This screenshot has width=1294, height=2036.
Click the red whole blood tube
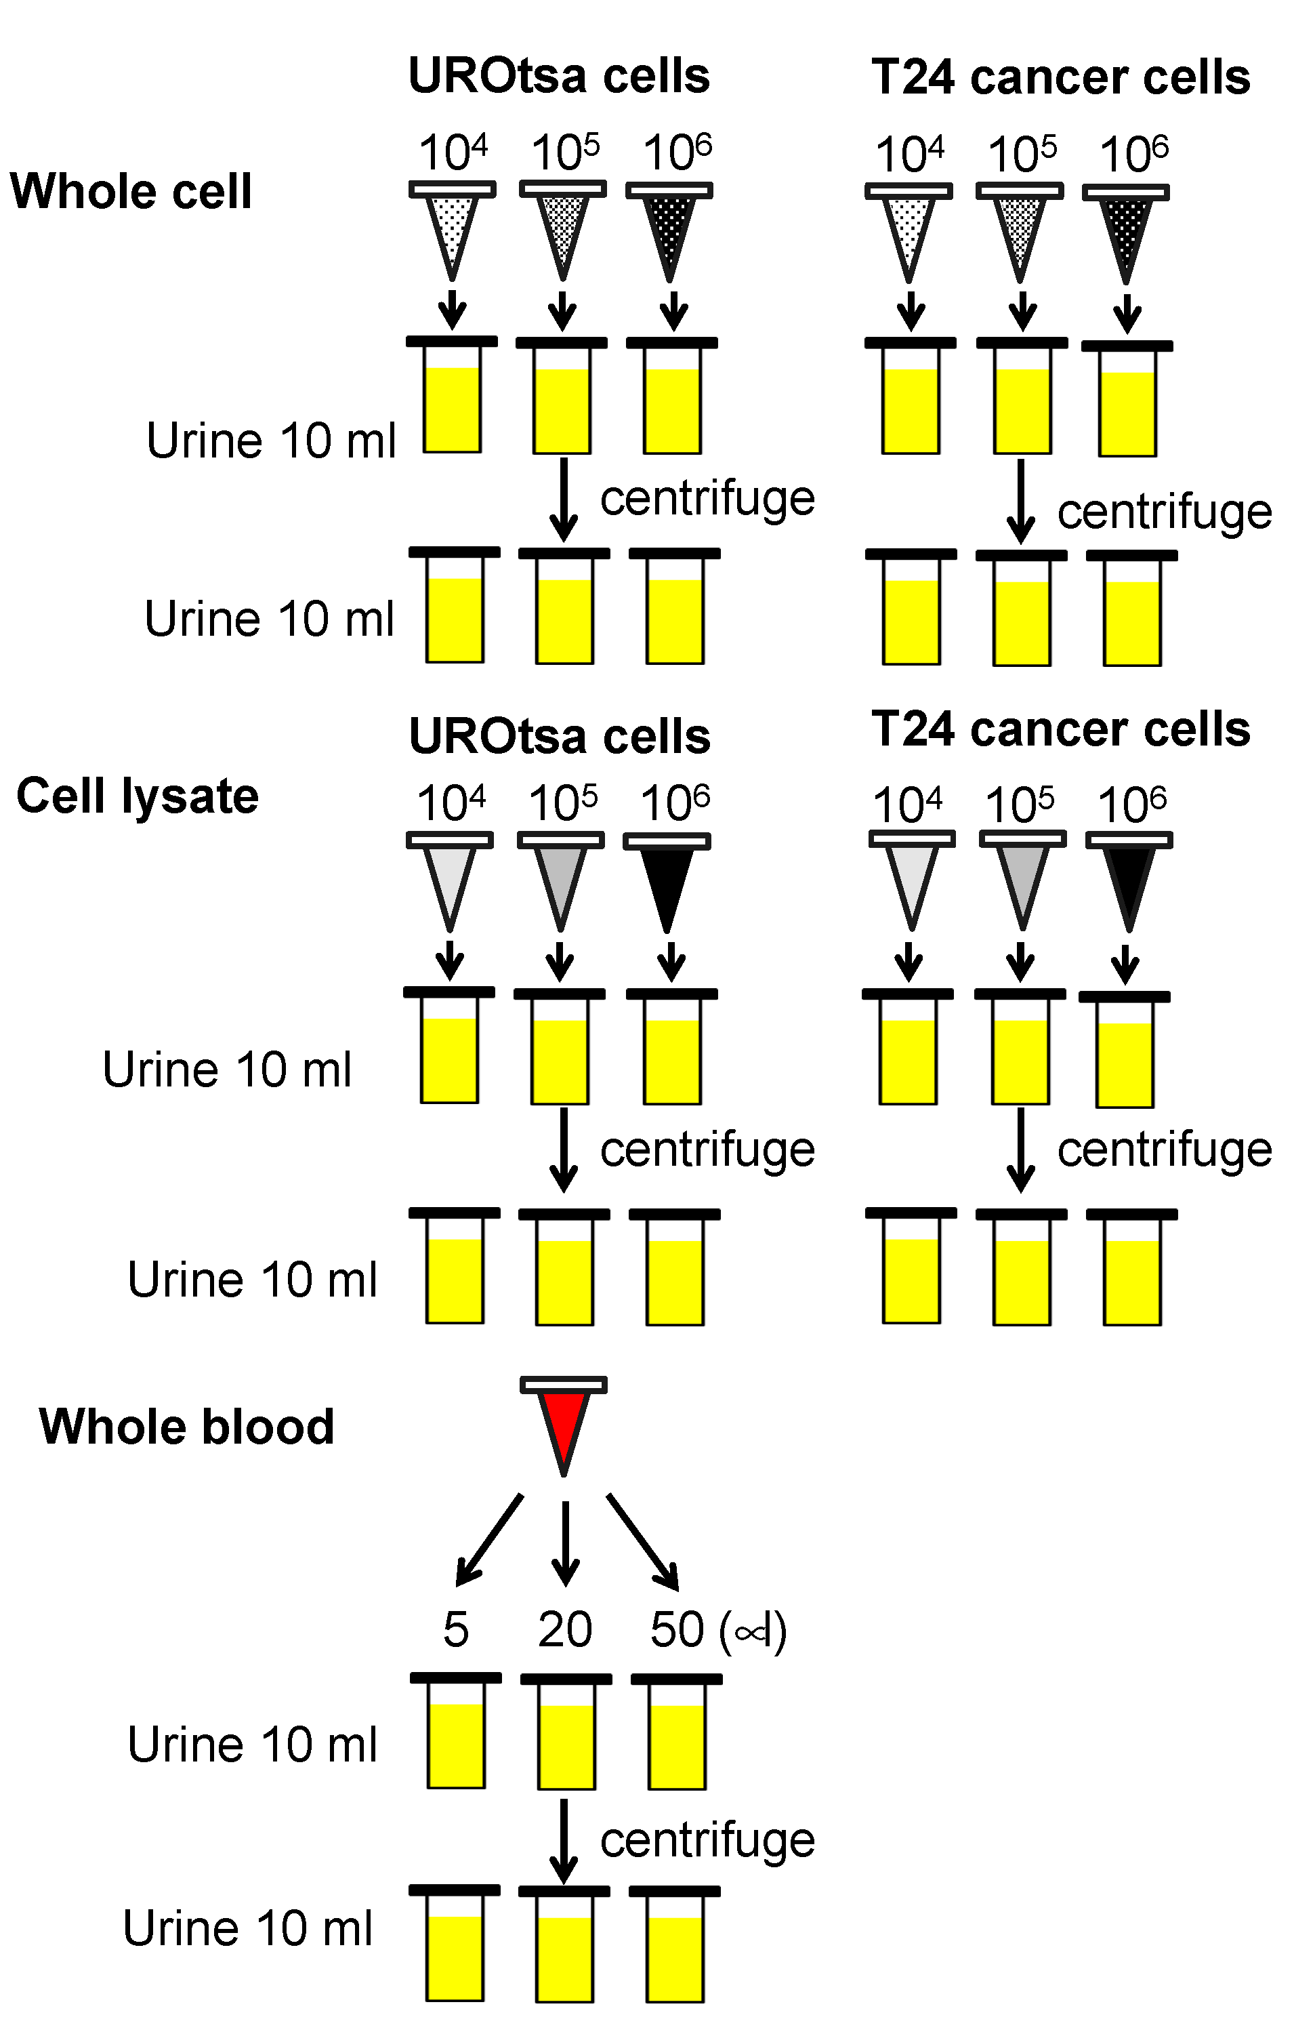click(x=563, y=1424)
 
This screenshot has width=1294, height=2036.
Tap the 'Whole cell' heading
click(x=131, y=191)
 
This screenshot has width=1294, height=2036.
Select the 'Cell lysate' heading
click(x=137, y=796)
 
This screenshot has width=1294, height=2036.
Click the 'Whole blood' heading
click(x=187, y=1427)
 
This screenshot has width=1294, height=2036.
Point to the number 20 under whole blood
click(x=564, y=1630)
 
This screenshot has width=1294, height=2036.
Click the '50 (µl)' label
click(x=717, y=1630)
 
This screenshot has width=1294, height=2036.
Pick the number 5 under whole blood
click(x=455, y=1630)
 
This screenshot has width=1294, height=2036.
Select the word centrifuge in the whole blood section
click(x=707, y=1841)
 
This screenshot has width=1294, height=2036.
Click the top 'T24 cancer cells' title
click(x=1061, y=77)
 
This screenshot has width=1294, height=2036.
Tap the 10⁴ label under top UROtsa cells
click(x=453, y=152)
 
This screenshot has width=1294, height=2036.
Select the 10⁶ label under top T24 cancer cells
click(x=1133, y=154)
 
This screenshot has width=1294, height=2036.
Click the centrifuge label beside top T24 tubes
click(x=1164, y=512)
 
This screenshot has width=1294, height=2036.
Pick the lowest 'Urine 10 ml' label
click(x=248, y=1930)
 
